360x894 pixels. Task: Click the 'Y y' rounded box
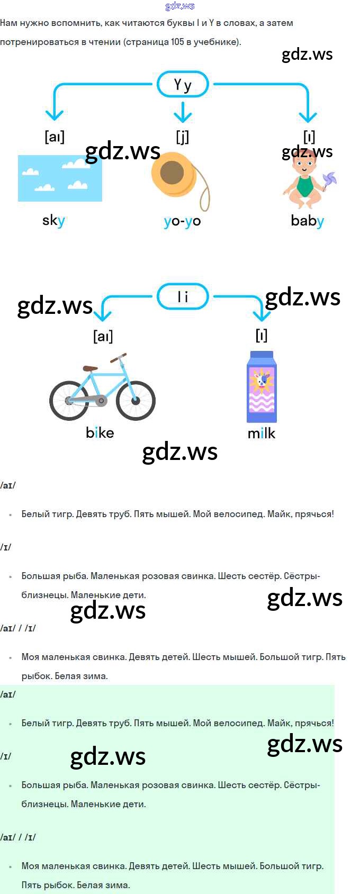coord(183,85)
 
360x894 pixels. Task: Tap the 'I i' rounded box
coord(183,297)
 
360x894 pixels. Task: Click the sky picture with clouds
coord(60,178)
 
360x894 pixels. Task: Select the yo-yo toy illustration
coord(173,174)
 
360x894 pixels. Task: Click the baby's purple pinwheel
coord(329,180)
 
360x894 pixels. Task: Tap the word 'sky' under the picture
coord(53,220)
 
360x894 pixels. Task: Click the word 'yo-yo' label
coord(182,221)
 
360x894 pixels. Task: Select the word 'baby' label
coord(307,220)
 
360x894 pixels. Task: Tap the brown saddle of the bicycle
coord(90,368)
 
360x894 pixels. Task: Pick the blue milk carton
coord(262,387)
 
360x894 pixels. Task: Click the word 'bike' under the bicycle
coord(100,432)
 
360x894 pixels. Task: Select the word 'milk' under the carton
coord(262,433)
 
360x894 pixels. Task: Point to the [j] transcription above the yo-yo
coord(182,137)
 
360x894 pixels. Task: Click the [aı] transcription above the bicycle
coord(103,336)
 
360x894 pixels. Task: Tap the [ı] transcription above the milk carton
coord(262,335)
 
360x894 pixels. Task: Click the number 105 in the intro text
coord(177,42)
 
